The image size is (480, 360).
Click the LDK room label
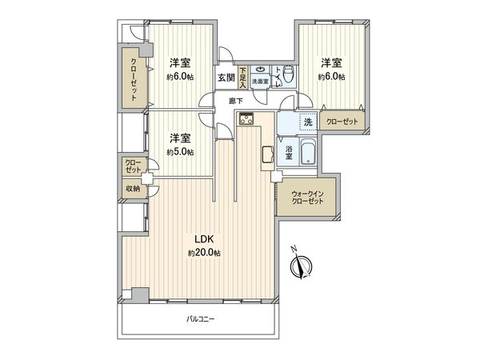(203, 238)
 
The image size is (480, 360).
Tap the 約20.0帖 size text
(204, 253)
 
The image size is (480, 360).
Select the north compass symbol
(300, 265)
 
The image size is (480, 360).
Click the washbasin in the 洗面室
(260, 70)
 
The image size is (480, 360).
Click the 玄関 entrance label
(226, 78)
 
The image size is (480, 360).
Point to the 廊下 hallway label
(235, 100)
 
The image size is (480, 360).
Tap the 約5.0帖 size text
(180, 153)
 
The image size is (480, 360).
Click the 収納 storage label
(132, 189)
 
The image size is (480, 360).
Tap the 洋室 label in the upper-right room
(332, 62)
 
